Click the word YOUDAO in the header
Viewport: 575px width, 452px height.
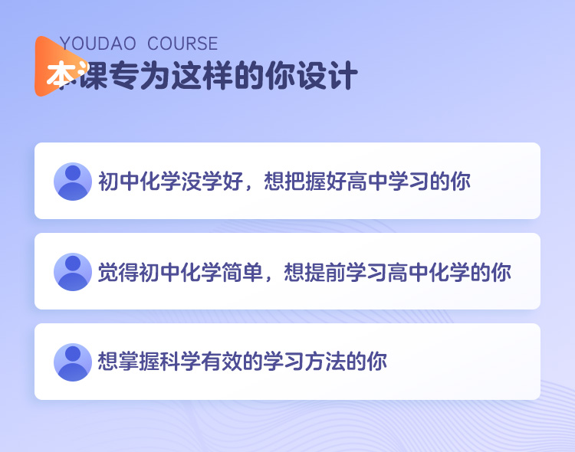pyautogui.click(x=97, y=44)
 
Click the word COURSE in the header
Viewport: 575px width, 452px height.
pyautogui.click(x=182, y=44)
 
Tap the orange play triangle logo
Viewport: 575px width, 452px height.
pyautogui.click(x=59, y=67)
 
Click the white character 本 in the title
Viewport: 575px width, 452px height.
pyautogui.click(x=61, y=74)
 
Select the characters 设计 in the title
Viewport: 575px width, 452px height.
pyautogui.click(x=327, y=76)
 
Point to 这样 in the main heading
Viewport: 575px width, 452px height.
pyautogui.click(x=202, y=76)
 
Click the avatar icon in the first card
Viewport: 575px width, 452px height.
pyautogui.click(x=73, y=182)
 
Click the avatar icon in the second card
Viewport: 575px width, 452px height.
pyautogui.click(x=73, y=272)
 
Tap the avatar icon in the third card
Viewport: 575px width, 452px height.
pyautogui.click(x=73, y=362)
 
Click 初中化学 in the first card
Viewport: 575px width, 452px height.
pyautogui.click(x=139, y=181)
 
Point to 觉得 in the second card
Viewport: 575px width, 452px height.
pyautogui.click(x=118, y=272)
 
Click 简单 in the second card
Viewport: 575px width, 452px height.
pyautogui.click(x=242, y=272)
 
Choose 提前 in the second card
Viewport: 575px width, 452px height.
pyautogui.click(x=325, y=272)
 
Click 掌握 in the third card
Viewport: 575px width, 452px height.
pyautogui.click(x=139, y=362)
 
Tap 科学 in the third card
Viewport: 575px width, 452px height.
pyautogui.click(x=180, y=362)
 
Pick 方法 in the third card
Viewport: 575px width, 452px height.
pyautogui.click(x=325, y=362)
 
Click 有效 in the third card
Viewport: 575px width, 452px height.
pyautogui.click(x=222, y=362)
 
